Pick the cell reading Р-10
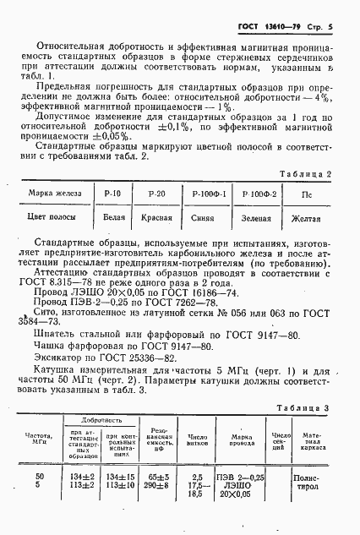coord(112,194)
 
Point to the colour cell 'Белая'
coord(113,218)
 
